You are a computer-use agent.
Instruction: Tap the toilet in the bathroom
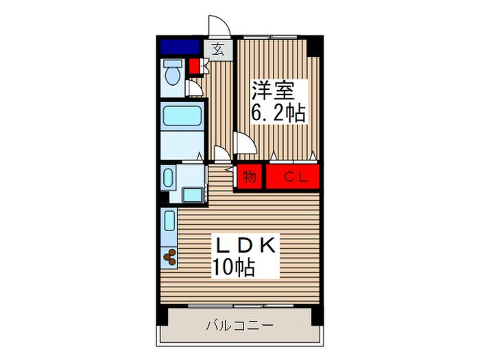coord(172,71)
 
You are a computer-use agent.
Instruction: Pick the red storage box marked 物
coord(250,177)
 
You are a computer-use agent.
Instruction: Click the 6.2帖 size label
coord(278,112)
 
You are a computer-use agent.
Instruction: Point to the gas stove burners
coord(169,257)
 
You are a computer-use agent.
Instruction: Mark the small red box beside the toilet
coord(194,67)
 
